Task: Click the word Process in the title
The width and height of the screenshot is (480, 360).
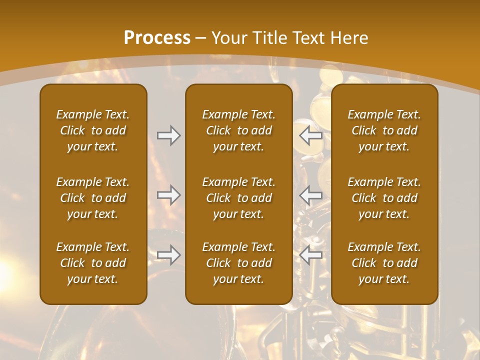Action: click(x=157, y=38)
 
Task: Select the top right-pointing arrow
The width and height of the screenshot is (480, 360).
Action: click(x=168, y=135)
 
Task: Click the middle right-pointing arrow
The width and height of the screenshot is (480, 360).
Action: click(x=168, y=194)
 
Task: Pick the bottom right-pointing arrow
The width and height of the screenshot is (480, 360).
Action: click(x=168, y=255)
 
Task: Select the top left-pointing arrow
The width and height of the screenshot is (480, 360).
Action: click(x=311, y=135)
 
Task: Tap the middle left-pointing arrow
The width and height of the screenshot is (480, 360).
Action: click(x=311, y=194)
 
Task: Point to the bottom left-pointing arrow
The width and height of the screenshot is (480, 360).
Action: click(x=311, y=255)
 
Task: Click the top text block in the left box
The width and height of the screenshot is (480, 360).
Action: click(x=93, y=130)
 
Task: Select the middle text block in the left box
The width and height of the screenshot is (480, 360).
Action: click(x=93, y=198)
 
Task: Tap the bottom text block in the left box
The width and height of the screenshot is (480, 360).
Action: click(x=93, y=263)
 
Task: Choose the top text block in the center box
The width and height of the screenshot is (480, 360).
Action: click(x=238, y=130)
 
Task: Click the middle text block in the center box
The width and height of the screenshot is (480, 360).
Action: click(x=238, y=198)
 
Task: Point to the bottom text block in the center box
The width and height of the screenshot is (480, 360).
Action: click(x=238, y=263)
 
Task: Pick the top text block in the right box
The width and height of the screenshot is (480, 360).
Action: click(x=384, y=130)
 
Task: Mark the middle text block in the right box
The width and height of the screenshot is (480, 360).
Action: click(x=384, y=198)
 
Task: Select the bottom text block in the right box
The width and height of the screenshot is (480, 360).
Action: click(x=384, y=263)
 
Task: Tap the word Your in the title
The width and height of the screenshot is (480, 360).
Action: click(x=228, y=38)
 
